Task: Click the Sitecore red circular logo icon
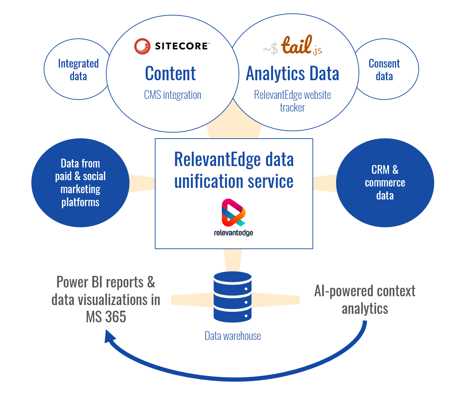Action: click(143, 46)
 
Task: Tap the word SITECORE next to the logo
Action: click(182, 46)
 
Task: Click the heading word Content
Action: click(170, 74)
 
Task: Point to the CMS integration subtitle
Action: click(172, 95)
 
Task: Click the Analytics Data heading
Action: click(292, 74)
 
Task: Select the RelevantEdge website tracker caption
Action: click(292, 101)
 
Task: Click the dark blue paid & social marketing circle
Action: click(80, 183)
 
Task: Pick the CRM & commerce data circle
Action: click(385, 183)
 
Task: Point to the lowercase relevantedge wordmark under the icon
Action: click(233, 233)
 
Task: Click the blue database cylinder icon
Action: click(233, 297)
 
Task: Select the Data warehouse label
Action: click(233, 336)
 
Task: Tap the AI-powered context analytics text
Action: click(365, 300)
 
